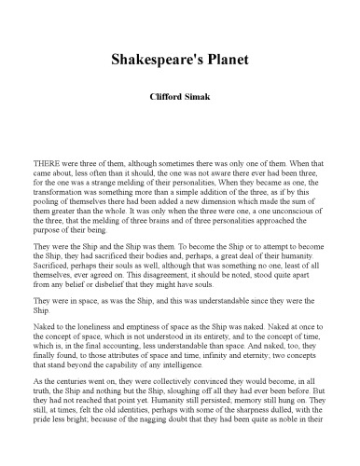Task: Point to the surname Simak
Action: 200,95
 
